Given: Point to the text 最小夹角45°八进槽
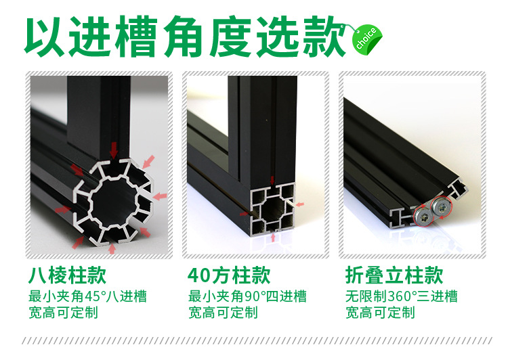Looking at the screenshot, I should click(87, 296).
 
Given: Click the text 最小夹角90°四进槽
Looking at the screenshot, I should click(247, 296).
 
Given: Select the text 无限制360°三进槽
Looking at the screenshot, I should click(402, 296).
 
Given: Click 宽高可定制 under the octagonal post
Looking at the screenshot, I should click(63, 313).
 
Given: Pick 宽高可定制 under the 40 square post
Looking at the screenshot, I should click(223, 313).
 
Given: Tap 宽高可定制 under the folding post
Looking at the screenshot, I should click(380, 313).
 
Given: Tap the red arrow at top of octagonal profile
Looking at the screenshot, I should click(113, 148).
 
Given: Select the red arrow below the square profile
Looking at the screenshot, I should click(272, 238).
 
